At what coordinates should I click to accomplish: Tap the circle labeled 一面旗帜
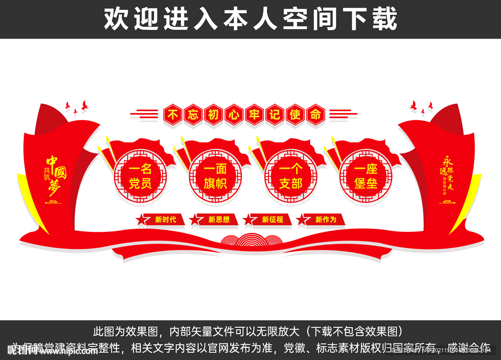(215, 177)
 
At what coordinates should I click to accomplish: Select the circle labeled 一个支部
(291, 177)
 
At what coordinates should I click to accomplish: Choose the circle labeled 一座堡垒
(366, 177)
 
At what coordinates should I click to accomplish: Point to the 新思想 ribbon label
(219, 220)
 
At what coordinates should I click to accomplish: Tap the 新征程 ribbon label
(273, 220)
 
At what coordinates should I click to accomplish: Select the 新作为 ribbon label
(326, 220)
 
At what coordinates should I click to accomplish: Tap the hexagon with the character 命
(315, 114)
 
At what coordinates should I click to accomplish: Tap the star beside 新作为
(303, 220)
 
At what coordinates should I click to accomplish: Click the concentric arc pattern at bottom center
(250, 239)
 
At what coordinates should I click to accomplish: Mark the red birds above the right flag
(421, 107)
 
